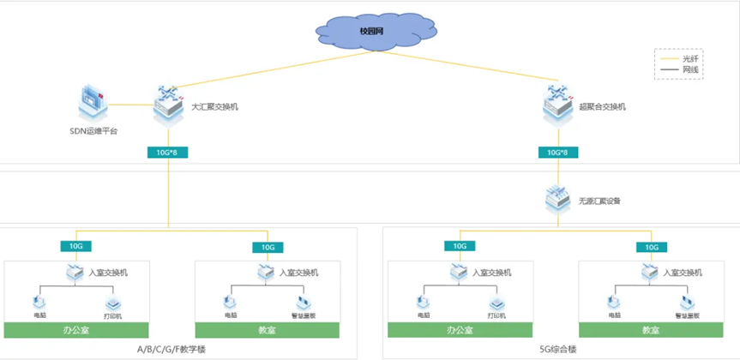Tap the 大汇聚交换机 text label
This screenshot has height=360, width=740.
215,107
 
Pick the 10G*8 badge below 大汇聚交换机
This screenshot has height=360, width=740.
168,153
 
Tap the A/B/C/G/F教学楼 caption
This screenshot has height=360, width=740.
172,350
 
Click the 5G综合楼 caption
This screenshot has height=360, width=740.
558,350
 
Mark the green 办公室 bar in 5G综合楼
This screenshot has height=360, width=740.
460,330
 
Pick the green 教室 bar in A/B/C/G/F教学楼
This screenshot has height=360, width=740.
268,330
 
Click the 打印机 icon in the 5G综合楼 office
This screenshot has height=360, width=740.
497,303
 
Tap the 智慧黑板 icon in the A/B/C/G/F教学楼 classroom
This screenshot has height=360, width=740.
304,303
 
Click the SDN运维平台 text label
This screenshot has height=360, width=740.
93,131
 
